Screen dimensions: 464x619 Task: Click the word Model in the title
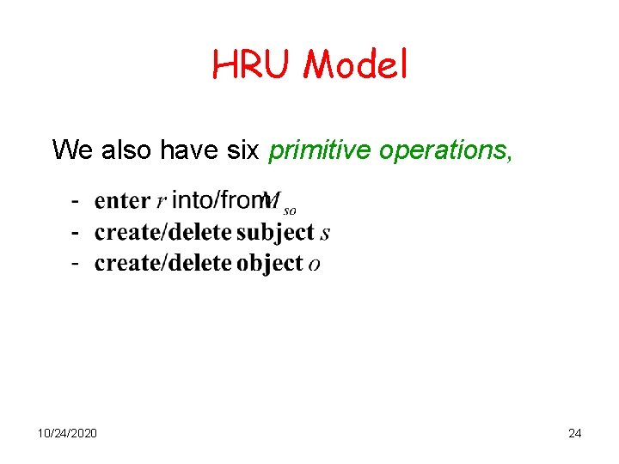[355, 64]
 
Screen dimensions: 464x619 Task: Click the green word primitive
[320, 150]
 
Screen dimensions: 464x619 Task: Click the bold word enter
[122, 201]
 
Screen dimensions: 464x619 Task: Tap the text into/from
[219, 200]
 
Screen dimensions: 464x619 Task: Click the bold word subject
[275, 233]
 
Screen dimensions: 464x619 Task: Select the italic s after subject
[324, 234]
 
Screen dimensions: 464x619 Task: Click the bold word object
[269, 263]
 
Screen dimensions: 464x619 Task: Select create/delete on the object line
[163, 263]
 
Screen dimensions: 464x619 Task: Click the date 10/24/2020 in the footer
[67, 433]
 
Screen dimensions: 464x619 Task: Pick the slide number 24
[574, 433]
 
